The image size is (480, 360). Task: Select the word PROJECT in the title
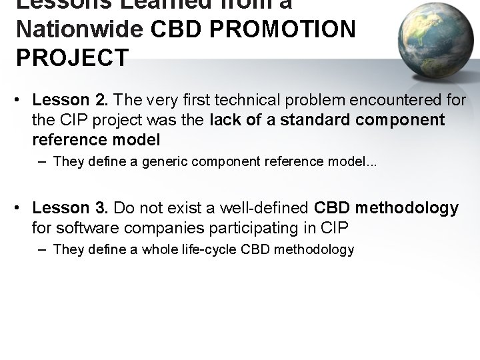pyautogui.click(x=72, y=58)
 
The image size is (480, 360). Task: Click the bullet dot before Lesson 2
pyautogui.click(x=21, y=101)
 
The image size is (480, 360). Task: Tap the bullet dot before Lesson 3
pyautogui.click(x=21, y=209)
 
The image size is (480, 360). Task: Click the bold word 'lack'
pyautogui.click(x=225, y=120)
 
